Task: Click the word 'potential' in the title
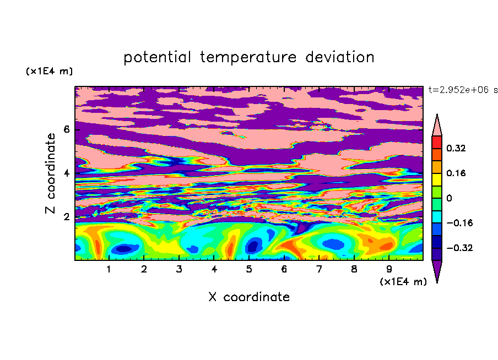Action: click(157, 58)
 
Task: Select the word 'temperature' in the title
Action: click(248, 58)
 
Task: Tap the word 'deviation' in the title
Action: click(340, 57)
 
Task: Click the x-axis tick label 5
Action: click(249, 269)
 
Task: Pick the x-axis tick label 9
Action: click(389, 269)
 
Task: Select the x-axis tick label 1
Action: click(109, 269)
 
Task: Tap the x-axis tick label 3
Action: click(179, 269)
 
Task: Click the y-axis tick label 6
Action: click(67, 129)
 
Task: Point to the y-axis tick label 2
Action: click(67, 217)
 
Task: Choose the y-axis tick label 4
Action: click(67, 173)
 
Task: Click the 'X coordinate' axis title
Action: click(249, 297)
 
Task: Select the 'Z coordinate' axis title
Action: click(51, 173)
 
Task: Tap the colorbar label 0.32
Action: click(456, 148)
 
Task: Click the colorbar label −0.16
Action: click(459, 223)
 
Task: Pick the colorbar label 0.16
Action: click(456, 173)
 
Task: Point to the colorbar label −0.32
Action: click(459, 248)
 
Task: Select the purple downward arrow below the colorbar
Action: click(437, 270)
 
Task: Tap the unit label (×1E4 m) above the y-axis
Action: click(49, 71)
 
